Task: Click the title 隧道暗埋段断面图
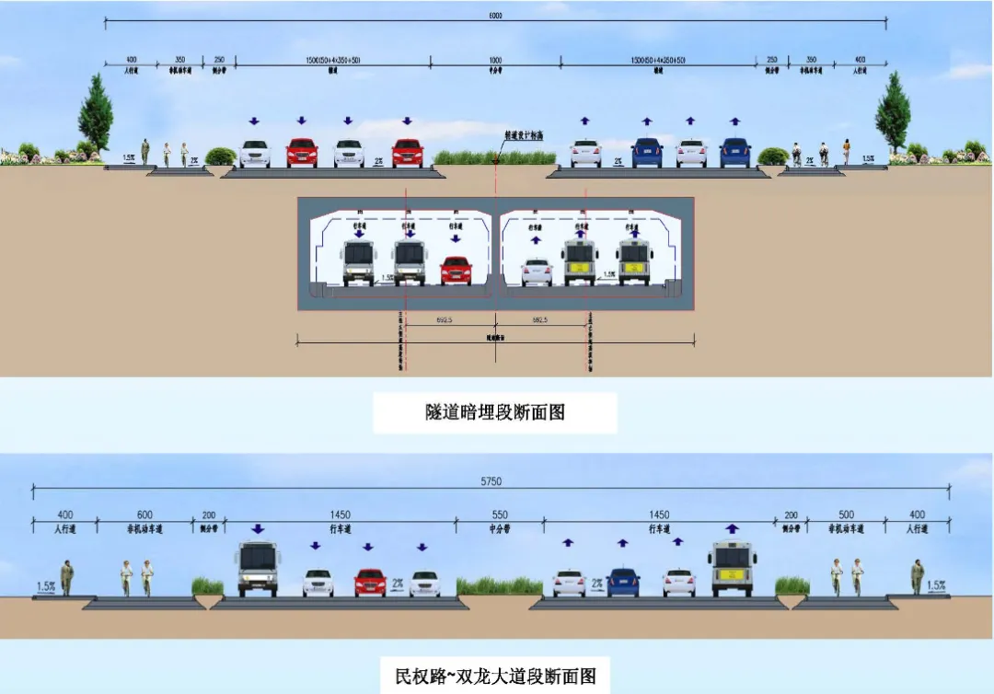pos(494,412)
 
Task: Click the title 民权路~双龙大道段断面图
pos(494,677)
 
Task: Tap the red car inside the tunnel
pos(456,271)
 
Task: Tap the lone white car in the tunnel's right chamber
pos(537,272)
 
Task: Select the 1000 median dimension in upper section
pos(495,60)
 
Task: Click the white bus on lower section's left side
pos(257,569)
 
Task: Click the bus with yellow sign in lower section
pos(733,569)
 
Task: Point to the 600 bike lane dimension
pos(145,515)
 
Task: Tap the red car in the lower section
pos(370,583)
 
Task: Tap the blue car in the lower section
pos(623,583)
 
